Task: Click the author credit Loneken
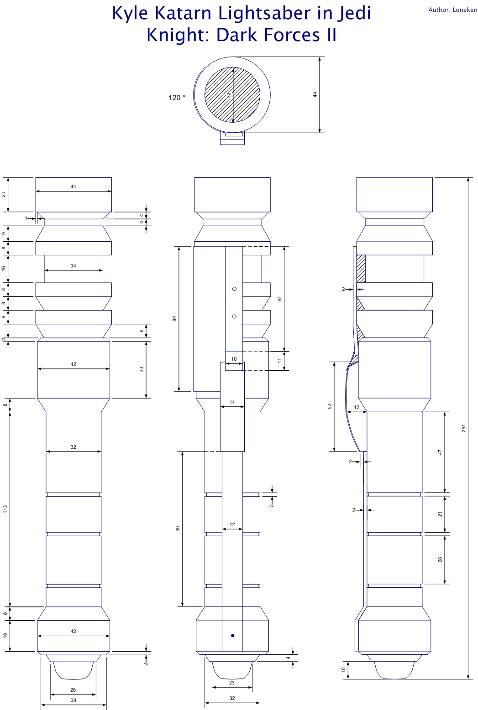pos(465,10)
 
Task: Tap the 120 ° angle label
pos(177,98)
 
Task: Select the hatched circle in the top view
pos(232,95)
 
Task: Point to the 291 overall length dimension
pos(463,428)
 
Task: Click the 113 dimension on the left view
pos(5,508)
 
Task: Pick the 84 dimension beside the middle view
pos(174,318)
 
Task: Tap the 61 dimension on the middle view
pos(280,299)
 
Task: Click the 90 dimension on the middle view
pos(178,529)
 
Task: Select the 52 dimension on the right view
pos(330,406)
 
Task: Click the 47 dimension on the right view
pos(441,452)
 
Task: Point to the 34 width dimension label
pos(74,266)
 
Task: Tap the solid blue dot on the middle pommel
pos(233,635)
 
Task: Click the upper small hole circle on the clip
pos(234,289)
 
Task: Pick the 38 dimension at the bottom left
pos(74,700)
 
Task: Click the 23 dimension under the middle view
pos(232,683)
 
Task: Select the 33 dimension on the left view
pos(142,369)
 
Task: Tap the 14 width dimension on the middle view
pos(232,402)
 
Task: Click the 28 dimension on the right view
pos(441,560)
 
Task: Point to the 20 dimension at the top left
pos(4,194)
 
